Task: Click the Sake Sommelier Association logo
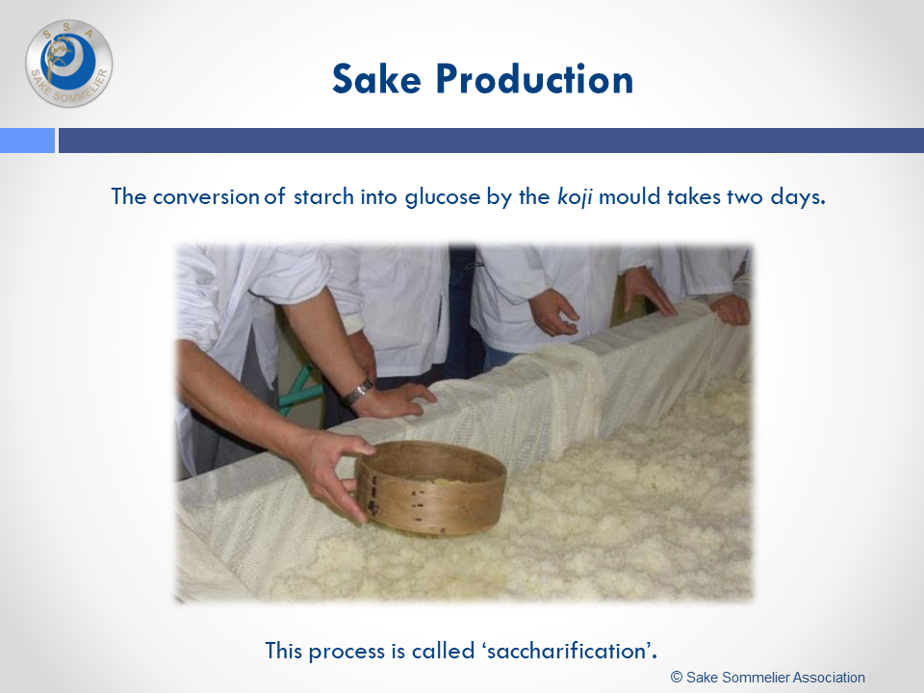click(x=69, y=64)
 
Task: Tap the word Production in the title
click(x=534, y=79)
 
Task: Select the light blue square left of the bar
click(x=27, y=141)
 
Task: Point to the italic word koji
click(x=575, y=196)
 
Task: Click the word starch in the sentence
click(x=323, y=196)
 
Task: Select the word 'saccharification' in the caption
click(x=569, y=651)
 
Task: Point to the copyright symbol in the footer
click(x=677, y=677)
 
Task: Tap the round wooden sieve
click(x=429, y=487)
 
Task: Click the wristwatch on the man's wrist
click(x=358, y=392)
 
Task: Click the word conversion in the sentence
click(x=206, y=196)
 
